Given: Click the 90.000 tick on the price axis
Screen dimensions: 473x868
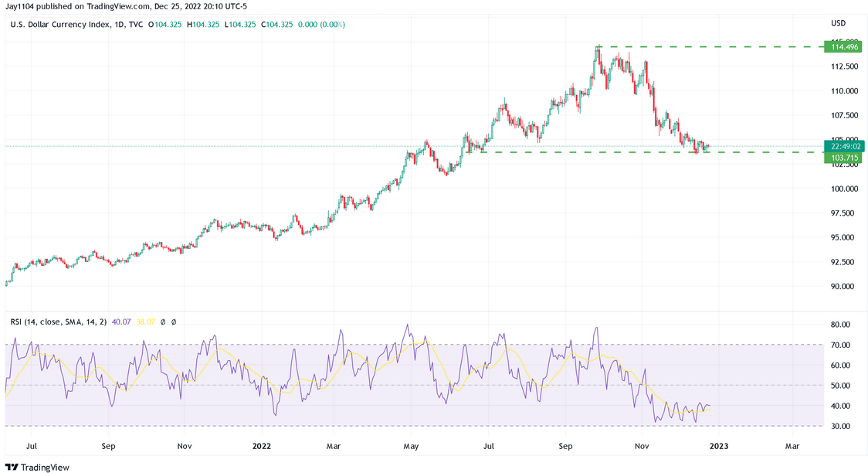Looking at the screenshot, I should click(x=841, y=286).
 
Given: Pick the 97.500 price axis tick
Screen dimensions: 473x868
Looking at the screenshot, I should click(x=841, y=213).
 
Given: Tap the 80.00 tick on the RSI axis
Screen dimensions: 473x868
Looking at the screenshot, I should click(x=839, y=325).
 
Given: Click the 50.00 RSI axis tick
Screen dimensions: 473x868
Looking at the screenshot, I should click(x=839, y=386).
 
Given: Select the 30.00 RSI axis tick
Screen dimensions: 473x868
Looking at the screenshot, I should click(x=839, y=426).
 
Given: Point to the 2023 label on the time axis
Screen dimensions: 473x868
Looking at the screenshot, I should click(x=718, y=446).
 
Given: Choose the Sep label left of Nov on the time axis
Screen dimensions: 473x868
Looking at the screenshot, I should click(x=108, y=446).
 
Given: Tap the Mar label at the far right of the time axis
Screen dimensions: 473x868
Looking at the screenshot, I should click(x=792, y=446).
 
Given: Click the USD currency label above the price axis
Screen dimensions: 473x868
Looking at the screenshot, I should click(x=838, y=23).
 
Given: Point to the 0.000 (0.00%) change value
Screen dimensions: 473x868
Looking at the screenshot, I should click(x=321, y=25).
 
